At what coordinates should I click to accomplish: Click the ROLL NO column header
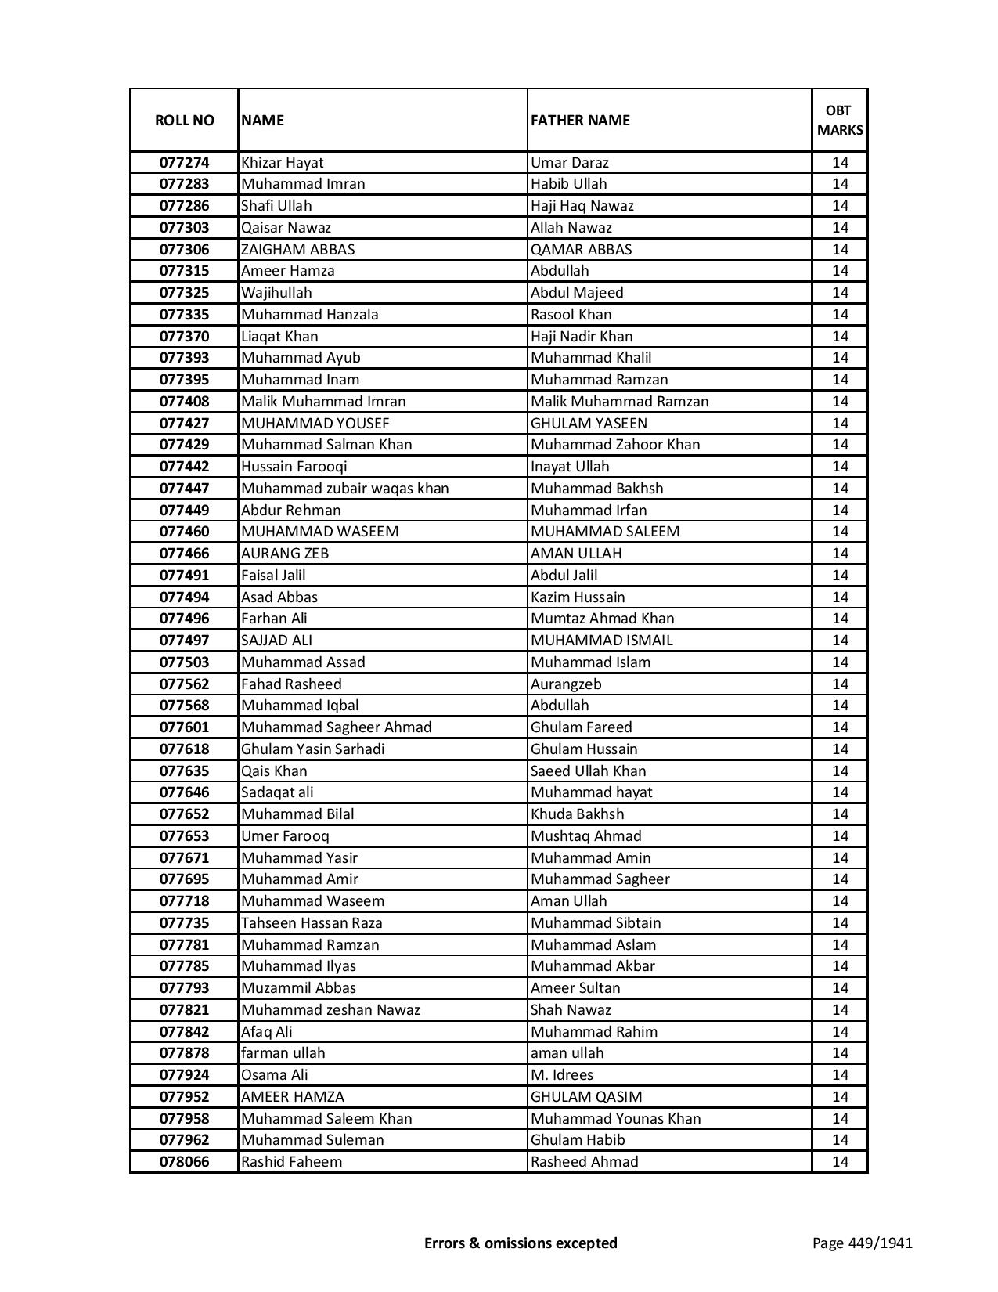click(x=184, y=120)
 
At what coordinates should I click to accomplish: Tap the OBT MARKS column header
click(x=840, y=120)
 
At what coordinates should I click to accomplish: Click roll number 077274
click(x=184, y=163)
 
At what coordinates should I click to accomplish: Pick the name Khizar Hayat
click(x=282, y=163)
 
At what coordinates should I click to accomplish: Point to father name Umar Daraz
click(x=569, y=163)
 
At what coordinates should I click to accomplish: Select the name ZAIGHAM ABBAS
click(x=297, y=250)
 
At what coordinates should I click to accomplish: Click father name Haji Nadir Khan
click(x=582, y=337)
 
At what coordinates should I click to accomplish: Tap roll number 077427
click(x=184, y=424)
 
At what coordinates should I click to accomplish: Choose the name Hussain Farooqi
click(x=294, y=467)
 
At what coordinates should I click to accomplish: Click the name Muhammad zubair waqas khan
click(x=344, y=489)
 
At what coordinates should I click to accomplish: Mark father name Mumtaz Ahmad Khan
click(x=602, y=619)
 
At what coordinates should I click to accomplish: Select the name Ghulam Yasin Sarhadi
click(x=312, y=749)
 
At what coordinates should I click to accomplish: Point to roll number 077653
click(x=184, y=836)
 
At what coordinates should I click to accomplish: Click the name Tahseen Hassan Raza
click(x=312, y=923)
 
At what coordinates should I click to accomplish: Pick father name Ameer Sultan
click(x=575, y=988)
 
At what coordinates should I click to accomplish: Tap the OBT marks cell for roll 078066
click(x=840, y=1162)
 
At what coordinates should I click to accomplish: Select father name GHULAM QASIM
click(x=586, y=1097)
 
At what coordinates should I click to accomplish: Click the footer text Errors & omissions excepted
click(x=521, y=1243)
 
